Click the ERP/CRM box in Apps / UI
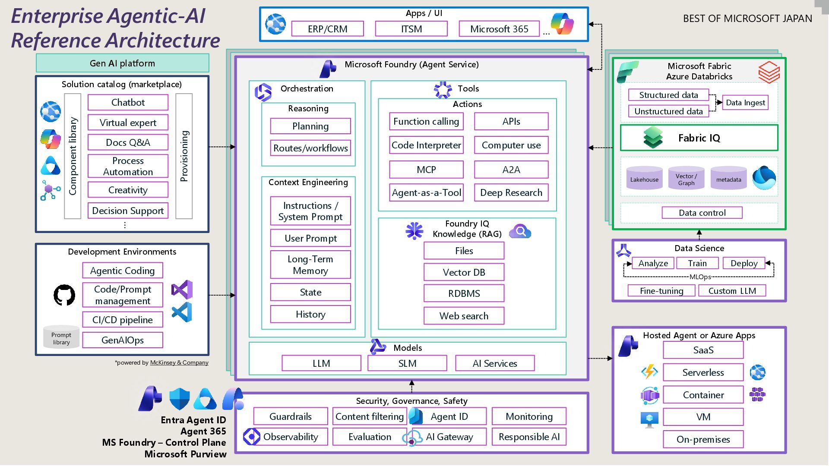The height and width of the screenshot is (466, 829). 327,29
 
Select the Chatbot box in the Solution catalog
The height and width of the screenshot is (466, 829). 128,102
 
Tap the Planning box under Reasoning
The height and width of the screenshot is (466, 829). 310,126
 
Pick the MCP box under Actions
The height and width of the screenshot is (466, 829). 426,170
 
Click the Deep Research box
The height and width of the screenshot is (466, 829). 511,192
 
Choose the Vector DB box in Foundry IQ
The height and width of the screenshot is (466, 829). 464,272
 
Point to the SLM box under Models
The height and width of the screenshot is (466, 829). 407,363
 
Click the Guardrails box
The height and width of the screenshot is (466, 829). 290,416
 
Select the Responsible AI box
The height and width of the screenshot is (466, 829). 529,437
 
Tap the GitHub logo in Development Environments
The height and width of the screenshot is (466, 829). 64,295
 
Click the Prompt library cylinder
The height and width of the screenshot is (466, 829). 61,337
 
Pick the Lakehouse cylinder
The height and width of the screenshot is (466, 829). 644,179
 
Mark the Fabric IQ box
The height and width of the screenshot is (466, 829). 699,138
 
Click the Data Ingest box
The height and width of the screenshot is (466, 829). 745,103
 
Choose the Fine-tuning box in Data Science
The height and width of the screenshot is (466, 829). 661,291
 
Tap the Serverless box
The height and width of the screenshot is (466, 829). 703,372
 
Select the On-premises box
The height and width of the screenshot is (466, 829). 703,439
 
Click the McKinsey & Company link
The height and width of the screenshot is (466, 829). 179,362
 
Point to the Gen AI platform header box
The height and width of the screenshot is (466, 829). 123,63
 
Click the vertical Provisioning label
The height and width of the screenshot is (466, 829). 184,156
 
